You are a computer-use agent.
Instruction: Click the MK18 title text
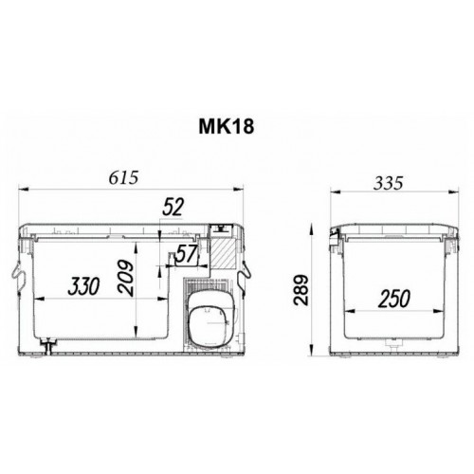[227, 127]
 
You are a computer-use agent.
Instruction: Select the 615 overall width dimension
[123, 178]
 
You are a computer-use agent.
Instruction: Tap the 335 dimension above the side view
[388, 183]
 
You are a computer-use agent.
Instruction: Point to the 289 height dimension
[301, 290]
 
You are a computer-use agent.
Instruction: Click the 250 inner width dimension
[394, 299]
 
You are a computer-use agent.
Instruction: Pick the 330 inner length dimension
[83, 286]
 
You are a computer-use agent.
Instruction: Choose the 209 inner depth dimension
[125, 278]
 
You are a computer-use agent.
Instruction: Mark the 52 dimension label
[173, 208]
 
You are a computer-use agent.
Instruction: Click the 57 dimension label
[186, 254]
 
